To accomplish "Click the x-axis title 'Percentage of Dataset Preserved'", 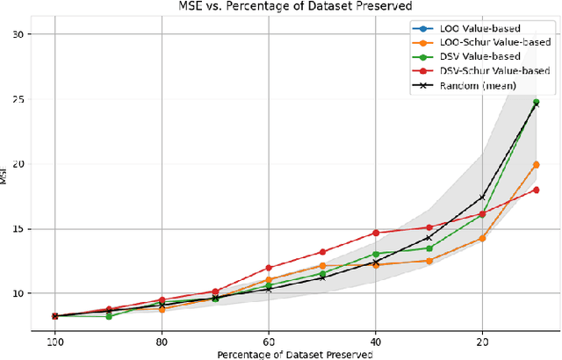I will (x=297, y=354).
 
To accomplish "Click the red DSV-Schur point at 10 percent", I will (x=536, y=190).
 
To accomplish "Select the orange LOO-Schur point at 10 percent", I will (x=536, y=164).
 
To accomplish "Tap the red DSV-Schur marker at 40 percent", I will (x=376, y=233).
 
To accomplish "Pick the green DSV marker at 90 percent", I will (x=108, y=316).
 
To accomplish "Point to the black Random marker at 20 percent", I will (x=482, y=198).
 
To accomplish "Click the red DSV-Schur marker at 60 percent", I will (x=269, y=268).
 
